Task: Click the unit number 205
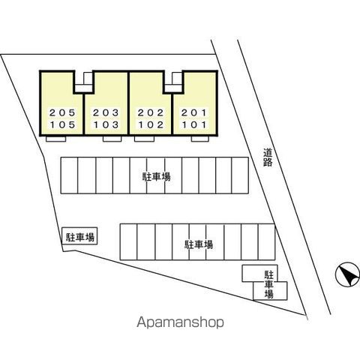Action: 62,112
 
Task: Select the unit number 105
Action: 62,124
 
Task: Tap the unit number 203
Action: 106,112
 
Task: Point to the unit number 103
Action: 106,124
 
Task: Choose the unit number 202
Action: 151,112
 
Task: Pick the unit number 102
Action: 151,124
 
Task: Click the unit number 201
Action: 194,112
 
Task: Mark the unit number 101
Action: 194,124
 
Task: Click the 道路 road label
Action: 268,157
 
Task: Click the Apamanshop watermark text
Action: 180,322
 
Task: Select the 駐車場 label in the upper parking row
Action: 157,177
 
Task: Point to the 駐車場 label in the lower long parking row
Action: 199,244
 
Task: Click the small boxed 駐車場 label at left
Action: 79,237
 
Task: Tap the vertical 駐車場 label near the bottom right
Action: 269,285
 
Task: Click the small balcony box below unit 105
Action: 55,139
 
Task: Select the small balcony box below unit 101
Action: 200,139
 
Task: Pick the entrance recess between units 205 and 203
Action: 84,82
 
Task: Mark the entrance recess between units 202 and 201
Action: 174,82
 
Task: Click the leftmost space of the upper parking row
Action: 70,175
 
